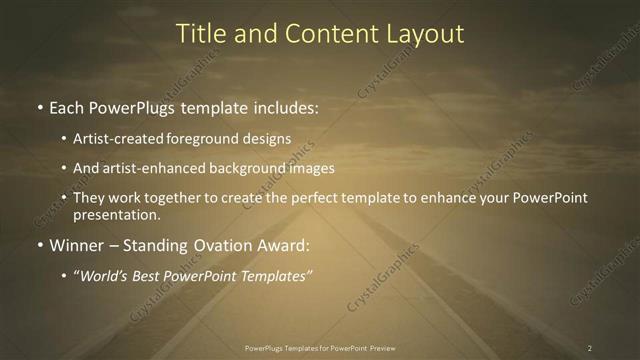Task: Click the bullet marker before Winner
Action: (39, 245)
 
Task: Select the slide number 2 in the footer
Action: (589, 348)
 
